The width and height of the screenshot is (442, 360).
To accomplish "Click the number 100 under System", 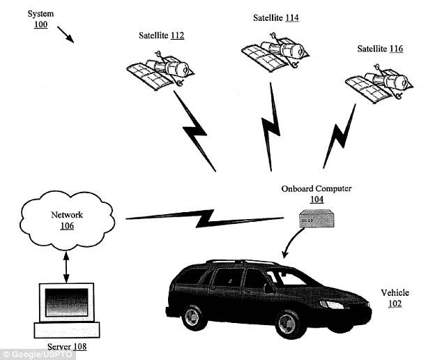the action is click(x=41, y=24).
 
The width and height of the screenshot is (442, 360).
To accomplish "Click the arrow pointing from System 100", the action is click(x=66, y=35).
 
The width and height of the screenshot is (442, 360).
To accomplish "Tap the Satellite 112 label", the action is click(x=161, y=36).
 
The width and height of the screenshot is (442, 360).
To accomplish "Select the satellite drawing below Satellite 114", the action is click(x=275, y=53).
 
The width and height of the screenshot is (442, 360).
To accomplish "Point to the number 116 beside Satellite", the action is click(x=396, y=49).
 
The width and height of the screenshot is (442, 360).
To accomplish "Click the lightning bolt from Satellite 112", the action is click(x=195, y=131).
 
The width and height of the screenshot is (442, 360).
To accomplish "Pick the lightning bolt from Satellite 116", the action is click(x=340, y=136).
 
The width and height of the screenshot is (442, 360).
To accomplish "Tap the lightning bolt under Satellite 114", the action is click(x=270, y=127).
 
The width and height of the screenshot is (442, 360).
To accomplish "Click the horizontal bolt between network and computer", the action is click(x=205, y=218).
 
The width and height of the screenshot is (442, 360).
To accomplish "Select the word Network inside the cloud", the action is click(x=67, y=215).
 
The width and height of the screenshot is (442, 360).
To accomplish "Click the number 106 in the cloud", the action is click(x=67, y=226).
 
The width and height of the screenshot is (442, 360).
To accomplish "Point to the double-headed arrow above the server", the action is click(x=66, y=267).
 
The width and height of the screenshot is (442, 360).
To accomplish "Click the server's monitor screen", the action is click(x=66, y=302).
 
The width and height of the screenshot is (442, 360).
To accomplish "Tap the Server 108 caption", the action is click(x=67, y=347).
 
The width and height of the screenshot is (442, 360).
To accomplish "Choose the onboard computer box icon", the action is click(x=317, y=218).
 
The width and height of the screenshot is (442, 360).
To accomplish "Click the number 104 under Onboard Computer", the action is click(x=317, y=200).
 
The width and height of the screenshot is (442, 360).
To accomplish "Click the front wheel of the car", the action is click(x=287, y=324).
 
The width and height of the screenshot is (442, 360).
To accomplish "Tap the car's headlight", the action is click(x=332, y=305).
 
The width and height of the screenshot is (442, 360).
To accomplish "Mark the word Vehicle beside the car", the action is click(x=395, y=292).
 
